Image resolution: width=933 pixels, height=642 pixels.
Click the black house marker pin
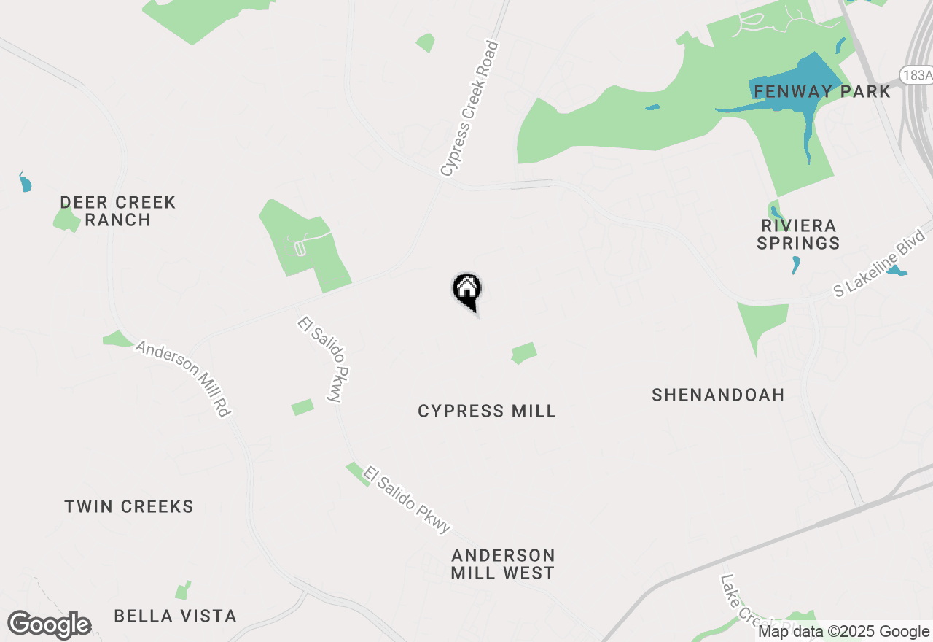[466, 290]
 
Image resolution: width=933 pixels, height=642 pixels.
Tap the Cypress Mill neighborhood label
[487, 411]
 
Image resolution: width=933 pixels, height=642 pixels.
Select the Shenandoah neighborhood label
[718, 395]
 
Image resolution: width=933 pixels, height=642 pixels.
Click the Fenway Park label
[822, 91]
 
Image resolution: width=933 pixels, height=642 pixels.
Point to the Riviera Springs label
[798, 234]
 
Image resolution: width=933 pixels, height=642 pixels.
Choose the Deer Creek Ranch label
[117, 211]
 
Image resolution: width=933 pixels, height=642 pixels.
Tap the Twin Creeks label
[129, 506]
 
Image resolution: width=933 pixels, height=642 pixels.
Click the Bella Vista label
[175, 616]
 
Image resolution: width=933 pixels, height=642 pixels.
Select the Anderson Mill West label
[503, 564]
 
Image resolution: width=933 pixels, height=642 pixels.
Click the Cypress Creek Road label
[470, 109]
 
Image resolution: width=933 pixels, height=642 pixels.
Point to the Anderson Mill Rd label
[183, 379]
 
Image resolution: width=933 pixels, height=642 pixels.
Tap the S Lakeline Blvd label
[880, 264]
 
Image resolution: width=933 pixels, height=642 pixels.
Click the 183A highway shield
[916, 75]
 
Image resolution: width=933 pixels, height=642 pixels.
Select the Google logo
[49, 625]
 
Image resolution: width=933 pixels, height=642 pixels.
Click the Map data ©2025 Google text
[843, 632]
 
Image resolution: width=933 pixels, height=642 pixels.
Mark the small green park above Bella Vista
[182, 590]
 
